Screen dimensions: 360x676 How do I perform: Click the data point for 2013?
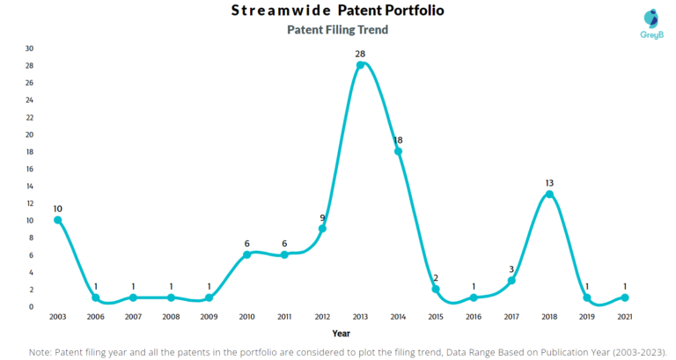pos(360,65)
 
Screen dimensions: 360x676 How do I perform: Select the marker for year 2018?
pos(549,195)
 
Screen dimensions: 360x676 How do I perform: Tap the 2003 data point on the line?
pos(57,220)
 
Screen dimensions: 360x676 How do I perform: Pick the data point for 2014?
pos(398,151)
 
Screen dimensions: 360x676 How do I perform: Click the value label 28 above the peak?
pos(360,55)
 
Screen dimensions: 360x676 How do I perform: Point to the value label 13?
pos(549,183)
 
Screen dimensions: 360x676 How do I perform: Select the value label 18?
pos(398,140)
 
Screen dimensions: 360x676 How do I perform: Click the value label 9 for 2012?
pos(322,217)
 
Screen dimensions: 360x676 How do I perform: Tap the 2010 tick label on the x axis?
pos(246,316)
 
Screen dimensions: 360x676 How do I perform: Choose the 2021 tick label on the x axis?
pos(625,316)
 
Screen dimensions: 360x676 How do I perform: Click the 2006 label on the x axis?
pos(95,316)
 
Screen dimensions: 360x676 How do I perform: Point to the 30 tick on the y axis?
pos(30,48)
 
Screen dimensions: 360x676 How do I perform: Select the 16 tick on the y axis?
pos(30,169)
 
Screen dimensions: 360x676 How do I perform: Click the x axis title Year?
pos(341,334)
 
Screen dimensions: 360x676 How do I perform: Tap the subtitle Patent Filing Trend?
pos(338,29)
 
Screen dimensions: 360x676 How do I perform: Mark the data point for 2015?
pos(436,290)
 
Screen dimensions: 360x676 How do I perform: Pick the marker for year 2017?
pos(511,281)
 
